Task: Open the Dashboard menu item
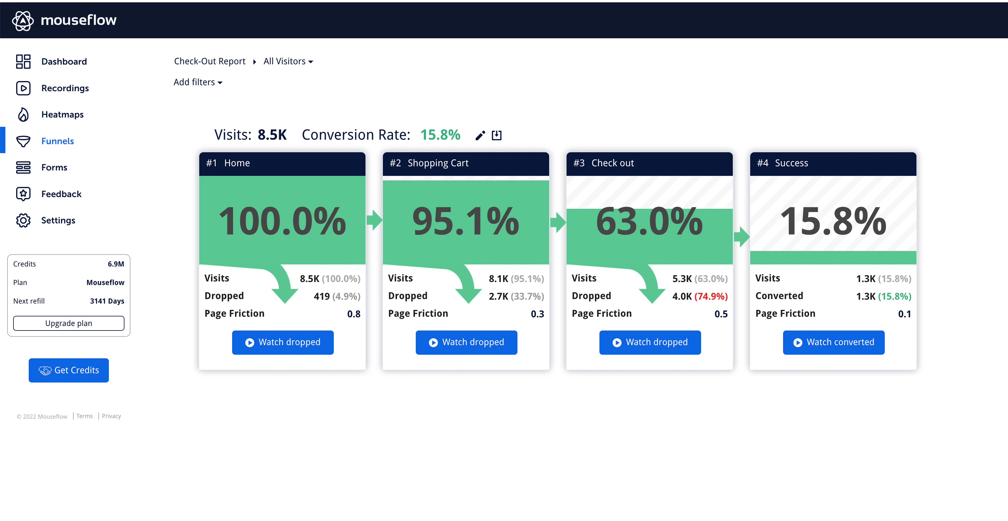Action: (64, 61)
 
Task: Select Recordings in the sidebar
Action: (65, 88)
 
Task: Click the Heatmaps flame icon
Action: (23, 115)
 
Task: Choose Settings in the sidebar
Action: (58, 220)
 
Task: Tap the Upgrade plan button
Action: (68, 323)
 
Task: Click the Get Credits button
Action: (68, 370)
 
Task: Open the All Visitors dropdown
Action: (288, 61)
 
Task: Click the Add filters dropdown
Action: (198, 82)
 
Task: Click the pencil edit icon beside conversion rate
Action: (480, 135)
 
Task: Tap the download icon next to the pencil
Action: (497, 135)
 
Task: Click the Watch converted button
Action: (834, 342)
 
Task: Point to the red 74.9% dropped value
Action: (711, 296)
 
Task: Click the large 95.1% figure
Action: (466, 221)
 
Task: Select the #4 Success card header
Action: (833, 163)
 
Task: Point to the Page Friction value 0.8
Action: (354, 314)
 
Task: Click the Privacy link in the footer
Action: (111, 416)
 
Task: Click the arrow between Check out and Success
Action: (741, 236)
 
